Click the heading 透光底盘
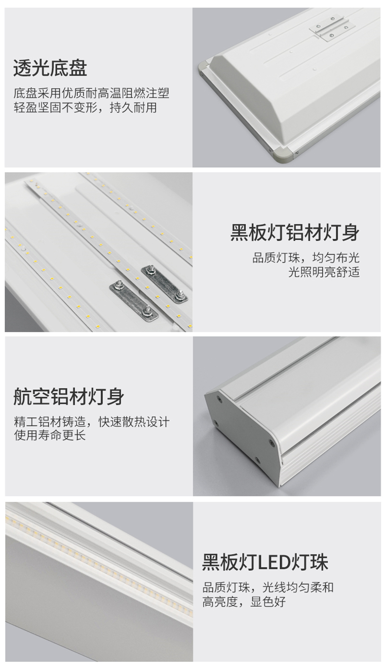click(x=50, y=68)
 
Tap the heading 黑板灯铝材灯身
click(x=295, y=232)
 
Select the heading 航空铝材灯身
click(x=69, y=397)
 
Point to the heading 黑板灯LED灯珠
click(x=265, y=562)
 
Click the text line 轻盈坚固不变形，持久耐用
click(x=85, y=107)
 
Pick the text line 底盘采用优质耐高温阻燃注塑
click(x=91, y=93)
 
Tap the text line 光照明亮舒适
click(x=324, y=272)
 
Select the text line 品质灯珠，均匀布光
click(x=306, y=258)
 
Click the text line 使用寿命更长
click(x=50, y=436)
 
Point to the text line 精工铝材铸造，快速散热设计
click(x=92, y=422)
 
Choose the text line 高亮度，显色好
click(x=244, y=601)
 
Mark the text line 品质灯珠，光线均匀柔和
click(x=268, y=587)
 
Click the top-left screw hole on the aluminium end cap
click(x=219, y=398)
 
